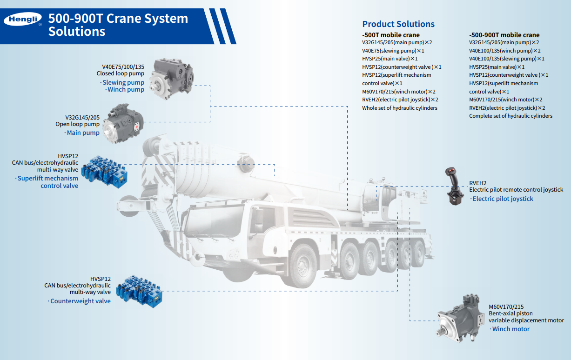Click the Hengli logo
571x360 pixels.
pos(23,19)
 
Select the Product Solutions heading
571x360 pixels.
pos(398,24)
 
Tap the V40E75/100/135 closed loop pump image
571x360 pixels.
pos(172,79)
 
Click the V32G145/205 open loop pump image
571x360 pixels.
pos(123,123)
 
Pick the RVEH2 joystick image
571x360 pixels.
pos(454,186)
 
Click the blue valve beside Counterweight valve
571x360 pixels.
pos(139,291)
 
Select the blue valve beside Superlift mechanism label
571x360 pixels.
pos(104,172)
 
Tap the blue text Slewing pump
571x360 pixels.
pos(123,82)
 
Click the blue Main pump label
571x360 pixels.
pos(83,133)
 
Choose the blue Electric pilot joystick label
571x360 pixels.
pos(503,199)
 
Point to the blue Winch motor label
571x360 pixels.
pos(511,329)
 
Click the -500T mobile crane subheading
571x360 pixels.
pos(391,35)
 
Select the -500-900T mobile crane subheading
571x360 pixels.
pos(504,35)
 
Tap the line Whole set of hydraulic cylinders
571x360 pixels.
pos(399,108)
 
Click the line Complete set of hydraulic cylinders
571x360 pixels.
pos(511,116)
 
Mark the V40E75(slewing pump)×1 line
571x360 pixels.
pos(393,51)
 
